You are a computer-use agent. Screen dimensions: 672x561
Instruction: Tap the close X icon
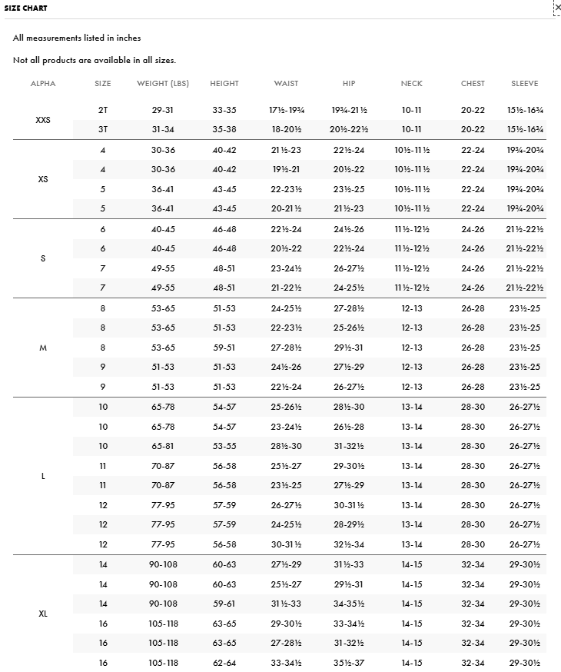tap(557, 7)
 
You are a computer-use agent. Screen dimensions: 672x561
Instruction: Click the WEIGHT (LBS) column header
tap(163, 83)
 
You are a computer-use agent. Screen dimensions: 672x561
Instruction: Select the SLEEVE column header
tap(525, 83)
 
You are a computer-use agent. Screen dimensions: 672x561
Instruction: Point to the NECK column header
tap(411, 83)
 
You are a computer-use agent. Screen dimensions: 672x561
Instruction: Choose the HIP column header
tap(349, 83)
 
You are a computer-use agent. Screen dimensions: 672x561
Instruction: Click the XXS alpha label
tap(43, 120)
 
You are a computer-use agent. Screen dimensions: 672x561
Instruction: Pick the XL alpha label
tap(43, 614)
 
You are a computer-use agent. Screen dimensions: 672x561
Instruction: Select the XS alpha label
tap(43, 179)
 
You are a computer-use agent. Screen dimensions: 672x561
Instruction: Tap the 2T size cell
tap(103, 110)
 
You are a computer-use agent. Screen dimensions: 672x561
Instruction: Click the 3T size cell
tap(103, 130)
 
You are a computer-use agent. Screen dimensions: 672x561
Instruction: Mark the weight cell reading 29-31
tap(163, 110)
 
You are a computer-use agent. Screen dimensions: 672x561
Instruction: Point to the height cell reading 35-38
tap(224, 130)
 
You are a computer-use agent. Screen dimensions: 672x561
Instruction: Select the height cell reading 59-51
tap(224, 348)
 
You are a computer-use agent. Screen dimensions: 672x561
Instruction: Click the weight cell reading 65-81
tap(163, 446)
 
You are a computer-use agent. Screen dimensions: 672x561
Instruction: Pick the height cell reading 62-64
tap(224, 663)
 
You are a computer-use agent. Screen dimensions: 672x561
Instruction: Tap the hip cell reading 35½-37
tap(349, 663)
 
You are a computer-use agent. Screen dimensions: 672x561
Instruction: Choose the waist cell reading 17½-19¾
tap(286, 110)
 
